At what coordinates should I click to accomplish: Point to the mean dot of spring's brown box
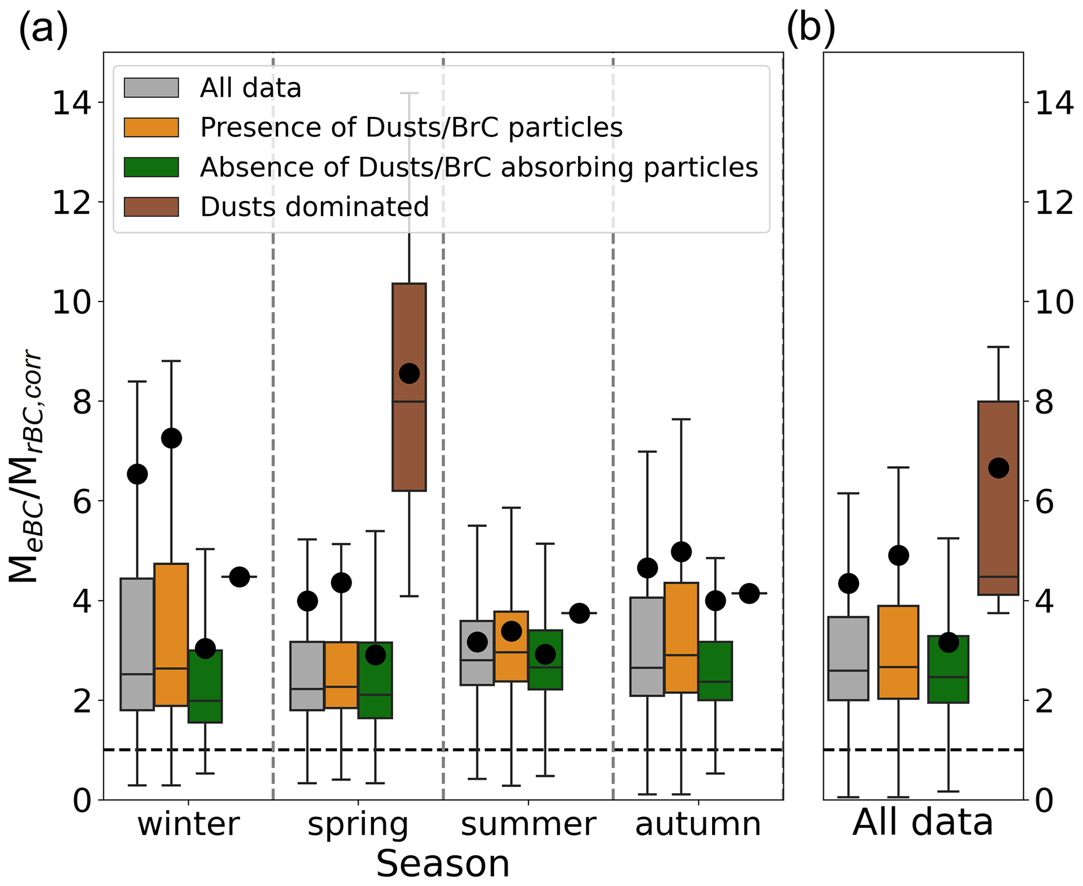pyautogui.click(x=409, y=374)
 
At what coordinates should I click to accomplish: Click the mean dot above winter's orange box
pyautogui.click(x=171, y=438)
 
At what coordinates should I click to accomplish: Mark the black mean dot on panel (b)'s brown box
pyautogui.click(x=998, y=468)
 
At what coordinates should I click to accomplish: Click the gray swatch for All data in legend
pyautogui.click(x=151, y=87)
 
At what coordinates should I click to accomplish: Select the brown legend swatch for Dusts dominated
pyautogui.click(x=151, y=206)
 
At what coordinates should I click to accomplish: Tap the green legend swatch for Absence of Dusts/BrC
pyautogui.click(x=151, y=167)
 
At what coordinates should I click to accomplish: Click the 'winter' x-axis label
pyautogui.click(x=189, y=824)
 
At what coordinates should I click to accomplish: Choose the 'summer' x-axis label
pyautogui.click(x=528, y=824)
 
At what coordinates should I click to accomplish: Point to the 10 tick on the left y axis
pyautogui.click(x=72, y=302)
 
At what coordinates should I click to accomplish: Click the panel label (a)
pyautogui.click(x=43, y=29)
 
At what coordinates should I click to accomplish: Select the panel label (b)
pyautogui.click(x=811, y=29)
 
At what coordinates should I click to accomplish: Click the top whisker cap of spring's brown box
pyautogui.click(x=409, y=93)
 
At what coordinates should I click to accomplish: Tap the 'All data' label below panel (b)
pyautogui.click(x=923, y=823)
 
